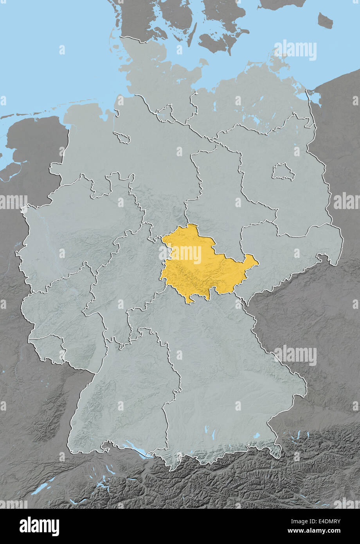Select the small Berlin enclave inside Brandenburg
coord(283,172)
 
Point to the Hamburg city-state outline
coord(165,112)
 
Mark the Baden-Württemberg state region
coord(125,399)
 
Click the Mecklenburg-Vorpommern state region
coord(250,102)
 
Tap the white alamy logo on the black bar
coord(39,526)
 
